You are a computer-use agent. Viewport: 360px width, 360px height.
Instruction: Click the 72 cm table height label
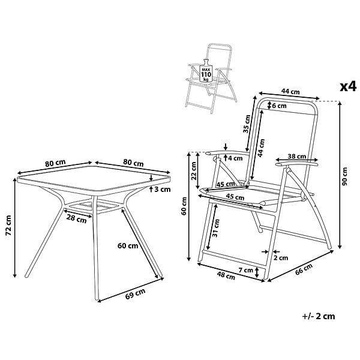pyautogui.click(x=8, y=226)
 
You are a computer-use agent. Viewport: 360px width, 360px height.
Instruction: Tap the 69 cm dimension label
pyautogui.click(x=135, y=293)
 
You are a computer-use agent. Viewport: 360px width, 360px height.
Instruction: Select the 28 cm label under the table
pyautogui.click(x=76, y=218)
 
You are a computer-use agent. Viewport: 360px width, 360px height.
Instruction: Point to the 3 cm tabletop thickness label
pyautogui.click(x=163, y=190)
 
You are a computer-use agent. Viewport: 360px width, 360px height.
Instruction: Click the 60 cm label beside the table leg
pyautogui.click(x=128, y=246)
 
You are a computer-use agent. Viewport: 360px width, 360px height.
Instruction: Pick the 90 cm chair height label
pyautogui.click(x=344, y=176)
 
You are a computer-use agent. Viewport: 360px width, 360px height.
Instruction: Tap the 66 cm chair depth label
pyautogui.click(x=304, y=269)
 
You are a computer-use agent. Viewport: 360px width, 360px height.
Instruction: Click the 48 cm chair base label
pyautogui.click(x=226, y=276)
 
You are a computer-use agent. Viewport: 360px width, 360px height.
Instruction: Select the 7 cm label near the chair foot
pyautogui.click(x=245, y=270)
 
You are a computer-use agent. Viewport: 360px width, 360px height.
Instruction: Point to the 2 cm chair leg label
pyautogui.click(x=281, y=258)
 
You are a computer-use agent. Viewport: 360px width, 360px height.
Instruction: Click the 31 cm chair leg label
pyautogui.click(x=215, y=228)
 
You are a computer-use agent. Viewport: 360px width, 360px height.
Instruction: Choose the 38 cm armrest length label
pyautogui.click(x=297, y=157)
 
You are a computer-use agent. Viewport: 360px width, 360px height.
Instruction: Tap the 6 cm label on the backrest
pyautogui.click(x=279, y=106)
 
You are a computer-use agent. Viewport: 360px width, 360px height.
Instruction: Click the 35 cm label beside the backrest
pyautogui.click(x=246, y=124)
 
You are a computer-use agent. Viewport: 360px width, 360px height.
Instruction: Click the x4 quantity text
pyautogui.click(x=348, y=87)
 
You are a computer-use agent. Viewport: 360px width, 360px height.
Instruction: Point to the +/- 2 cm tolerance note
pyautogui.click(x=319, y=316)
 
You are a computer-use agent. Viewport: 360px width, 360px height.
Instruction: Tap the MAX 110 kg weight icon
pyautogui.click(x=206, y=71)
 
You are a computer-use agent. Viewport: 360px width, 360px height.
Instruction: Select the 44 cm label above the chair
pyautogui.click(x=290, y=91)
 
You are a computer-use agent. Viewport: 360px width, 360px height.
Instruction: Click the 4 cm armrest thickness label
pyautogui.click(x=235, y=158)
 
